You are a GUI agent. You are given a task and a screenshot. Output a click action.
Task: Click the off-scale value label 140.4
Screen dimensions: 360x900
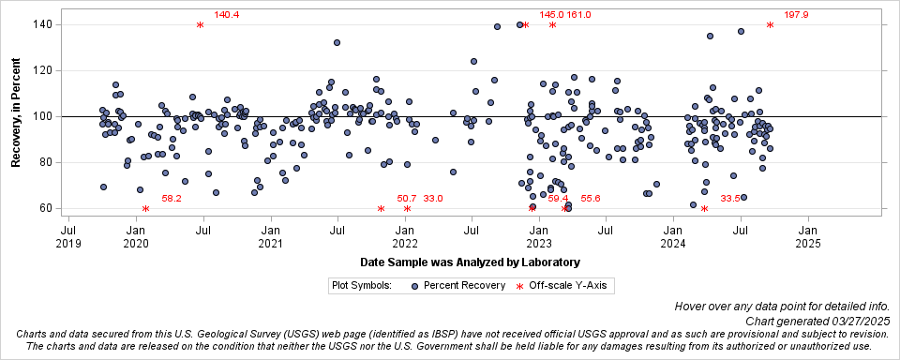[227, 15]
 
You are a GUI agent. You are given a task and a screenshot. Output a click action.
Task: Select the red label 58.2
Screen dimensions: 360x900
[172, 199]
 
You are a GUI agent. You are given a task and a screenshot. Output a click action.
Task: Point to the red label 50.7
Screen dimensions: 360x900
[407, 199]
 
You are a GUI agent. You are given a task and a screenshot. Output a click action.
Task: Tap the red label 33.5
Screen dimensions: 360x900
[730, 199]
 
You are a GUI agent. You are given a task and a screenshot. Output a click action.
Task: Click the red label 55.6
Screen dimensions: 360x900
[591, 199]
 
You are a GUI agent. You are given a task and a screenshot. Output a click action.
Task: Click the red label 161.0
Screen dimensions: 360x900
[578, 15]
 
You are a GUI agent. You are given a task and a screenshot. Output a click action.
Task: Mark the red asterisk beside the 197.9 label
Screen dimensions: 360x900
[770, 25]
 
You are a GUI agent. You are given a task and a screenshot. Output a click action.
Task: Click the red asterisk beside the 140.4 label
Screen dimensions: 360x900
[201, 25]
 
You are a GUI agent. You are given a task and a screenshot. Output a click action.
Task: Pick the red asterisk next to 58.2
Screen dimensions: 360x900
[145, 209]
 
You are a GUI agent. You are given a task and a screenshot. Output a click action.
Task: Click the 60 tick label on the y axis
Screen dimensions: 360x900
[44, 208]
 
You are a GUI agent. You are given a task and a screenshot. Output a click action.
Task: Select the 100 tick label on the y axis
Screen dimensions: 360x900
[41, 116]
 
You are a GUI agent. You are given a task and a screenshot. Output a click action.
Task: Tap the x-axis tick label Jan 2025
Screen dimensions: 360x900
[808, 236]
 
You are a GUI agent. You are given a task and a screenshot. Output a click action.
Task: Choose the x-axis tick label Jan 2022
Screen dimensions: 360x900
[405, 236]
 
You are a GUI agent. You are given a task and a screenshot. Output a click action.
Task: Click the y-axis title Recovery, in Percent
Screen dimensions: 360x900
[16, 117]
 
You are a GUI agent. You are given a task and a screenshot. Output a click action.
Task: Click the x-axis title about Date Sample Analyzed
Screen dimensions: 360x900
[469, 262]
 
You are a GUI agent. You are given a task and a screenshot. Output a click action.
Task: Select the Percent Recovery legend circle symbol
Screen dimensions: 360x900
[414, 284]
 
